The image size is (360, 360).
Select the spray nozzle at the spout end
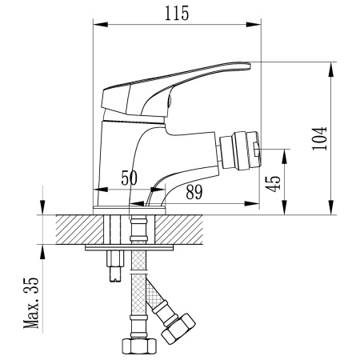pos(245,150)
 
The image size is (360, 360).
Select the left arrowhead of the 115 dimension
pos(98,24)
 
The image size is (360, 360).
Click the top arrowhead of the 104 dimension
pos(330,66)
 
